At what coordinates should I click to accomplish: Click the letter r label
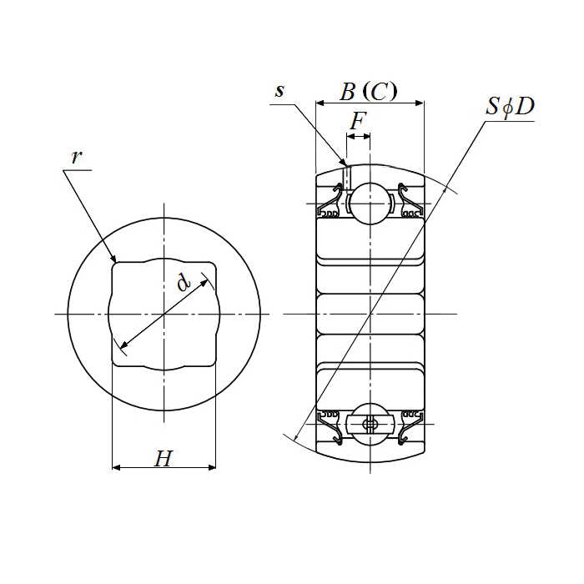coord(76,157)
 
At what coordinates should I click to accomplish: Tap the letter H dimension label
coord(164,458)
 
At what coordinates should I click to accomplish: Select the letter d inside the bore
coord(184,282)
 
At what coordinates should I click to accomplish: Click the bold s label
coord(279,90)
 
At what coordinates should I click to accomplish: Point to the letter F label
coord(358,121)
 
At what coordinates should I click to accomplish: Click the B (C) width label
coord(369,91)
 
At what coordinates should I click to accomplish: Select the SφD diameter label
coord(510,107)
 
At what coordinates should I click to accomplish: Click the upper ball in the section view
coord(370,204)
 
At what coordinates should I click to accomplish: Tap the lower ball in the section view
coord(370,424)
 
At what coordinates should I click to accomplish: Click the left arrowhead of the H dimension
coord(116,467)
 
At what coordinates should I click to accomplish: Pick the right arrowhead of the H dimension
coord(212,467)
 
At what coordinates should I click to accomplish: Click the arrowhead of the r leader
coord(113,258)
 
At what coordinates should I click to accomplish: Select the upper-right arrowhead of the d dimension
coord(204,283)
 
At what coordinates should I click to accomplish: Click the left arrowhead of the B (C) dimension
coord(320,103)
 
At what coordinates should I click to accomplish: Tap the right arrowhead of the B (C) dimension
coord(420,103)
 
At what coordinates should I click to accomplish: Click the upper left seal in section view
coord(329,200)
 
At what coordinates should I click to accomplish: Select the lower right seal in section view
coord(410,427)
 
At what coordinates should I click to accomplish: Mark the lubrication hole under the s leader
coord(347,178)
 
